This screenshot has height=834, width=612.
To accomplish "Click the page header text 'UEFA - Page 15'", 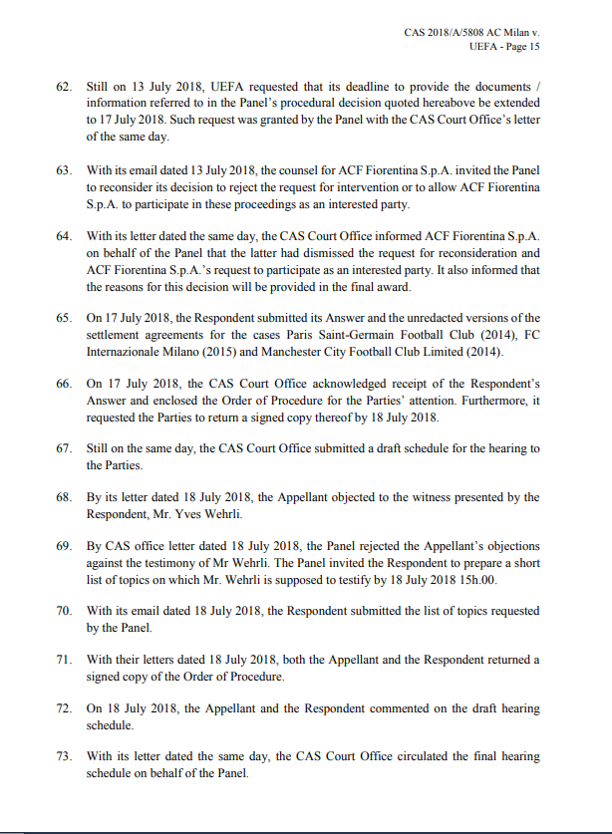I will [503, 47].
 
